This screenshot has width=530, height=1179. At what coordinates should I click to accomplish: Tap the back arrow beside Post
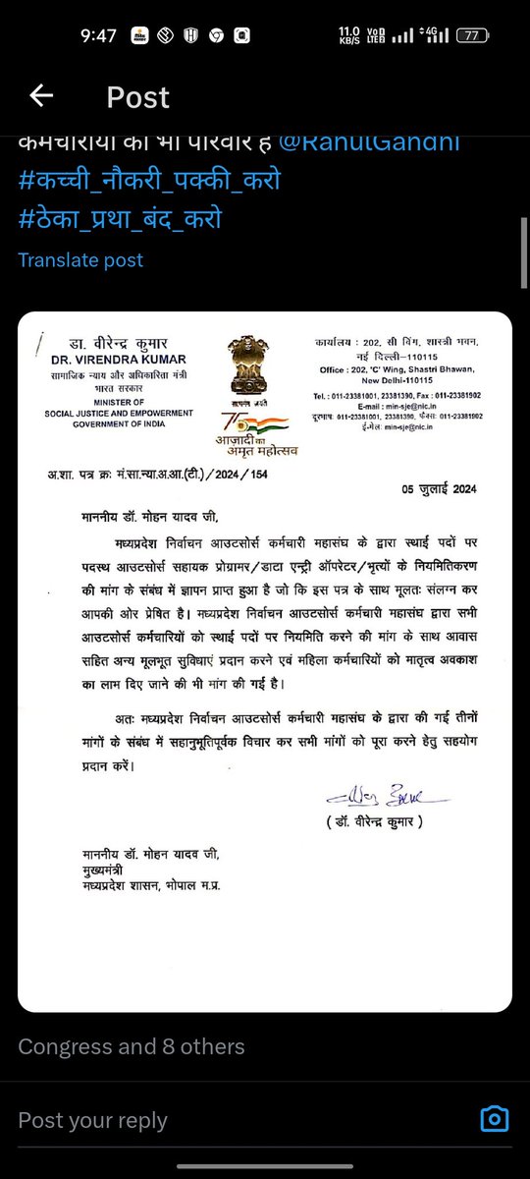(x=41, y=95)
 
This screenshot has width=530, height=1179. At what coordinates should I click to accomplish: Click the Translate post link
(x=80, y=260)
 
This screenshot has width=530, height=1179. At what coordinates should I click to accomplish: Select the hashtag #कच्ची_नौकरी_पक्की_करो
(x=149, y=183)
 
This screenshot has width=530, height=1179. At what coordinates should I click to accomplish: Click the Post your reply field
(x=93, y=1120)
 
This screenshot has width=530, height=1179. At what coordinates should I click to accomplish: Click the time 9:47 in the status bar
(x=99, y=36)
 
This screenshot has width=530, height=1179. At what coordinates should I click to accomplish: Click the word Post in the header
(x=137, y=97)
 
